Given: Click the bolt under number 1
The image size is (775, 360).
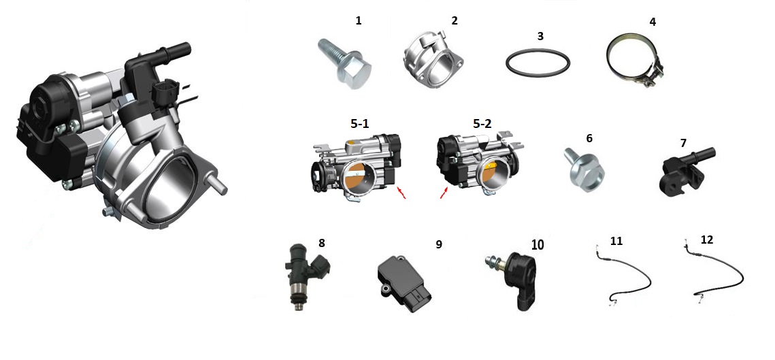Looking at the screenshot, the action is (345, 64).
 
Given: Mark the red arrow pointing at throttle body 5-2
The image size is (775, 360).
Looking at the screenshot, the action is (445, 193).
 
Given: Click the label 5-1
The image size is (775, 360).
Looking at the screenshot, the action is (360, 124).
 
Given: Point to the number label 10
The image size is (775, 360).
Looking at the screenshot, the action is (538, 244).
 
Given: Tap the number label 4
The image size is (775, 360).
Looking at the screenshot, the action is (653, 22).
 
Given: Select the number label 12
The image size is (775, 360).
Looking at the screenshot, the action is (707, 240).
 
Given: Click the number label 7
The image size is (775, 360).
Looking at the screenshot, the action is (684, 144).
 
